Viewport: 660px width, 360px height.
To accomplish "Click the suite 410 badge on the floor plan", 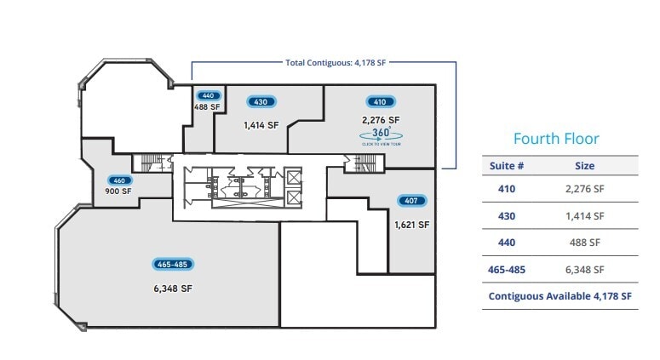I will click(380, 101).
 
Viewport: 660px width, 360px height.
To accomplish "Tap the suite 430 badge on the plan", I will click(261, 101).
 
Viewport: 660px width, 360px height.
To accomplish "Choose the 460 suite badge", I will click(118, 180).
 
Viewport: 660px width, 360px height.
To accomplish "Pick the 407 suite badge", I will click(411, 200).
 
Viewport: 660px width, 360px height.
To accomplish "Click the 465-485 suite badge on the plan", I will click(173, 264).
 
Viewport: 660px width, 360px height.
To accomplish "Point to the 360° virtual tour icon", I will click(381, 134).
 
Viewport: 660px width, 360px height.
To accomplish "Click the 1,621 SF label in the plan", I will click(411, 225).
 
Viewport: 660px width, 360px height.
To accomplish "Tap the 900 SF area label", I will click(118, 191).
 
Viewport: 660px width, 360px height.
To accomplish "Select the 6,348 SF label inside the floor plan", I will click(173, 289).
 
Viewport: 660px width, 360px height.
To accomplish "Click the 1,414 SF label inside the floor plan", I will click(261, 125).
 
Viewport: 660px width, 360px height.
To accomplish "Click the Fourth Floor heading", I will click(556, 139).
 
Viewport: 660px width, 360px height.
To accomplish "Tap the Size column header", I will click(584, 166).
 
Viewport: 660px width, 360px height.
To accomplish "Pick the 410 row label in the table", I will click(507, 189).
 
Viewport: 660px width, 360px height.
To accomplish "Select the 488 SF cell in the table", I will click(584, 243).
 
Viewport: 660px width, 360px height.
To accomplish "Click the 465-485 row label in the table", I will click(507, 269).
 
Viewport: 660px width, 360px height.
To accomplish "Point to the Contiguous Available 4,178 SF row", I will click(560, 295).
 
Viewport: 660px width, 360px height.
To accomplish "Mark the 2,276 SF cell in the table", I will click(584, 189).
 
